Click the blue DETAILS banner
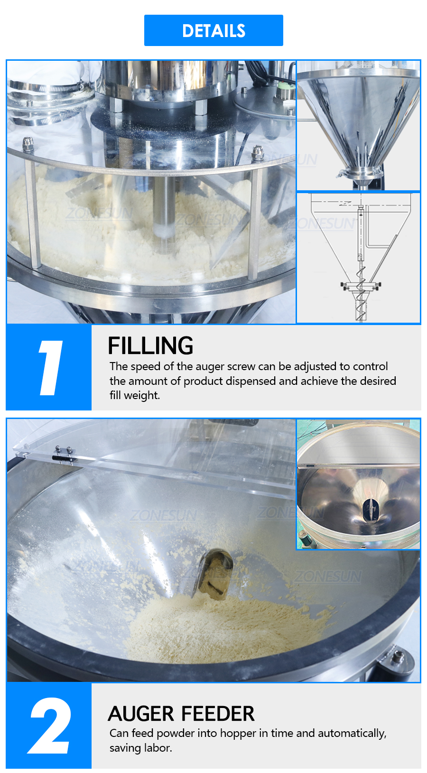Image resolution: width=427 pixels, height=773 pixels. coord(213,30)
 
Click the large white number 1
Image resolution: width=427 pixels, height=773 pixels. coord(50,367)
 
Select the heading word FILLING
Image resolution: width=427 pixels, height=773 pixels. coord(150,345)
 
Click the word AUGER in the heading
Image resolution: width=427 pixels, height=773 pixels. coord(141,714)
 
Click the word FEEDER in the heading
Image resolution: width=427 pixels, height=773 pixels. coord(218,714)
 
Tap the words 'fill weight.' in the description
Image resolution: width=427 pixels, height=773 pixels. coord(135,395)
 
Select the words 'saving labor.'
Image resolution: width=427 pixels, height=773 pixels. coord(141,748)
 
